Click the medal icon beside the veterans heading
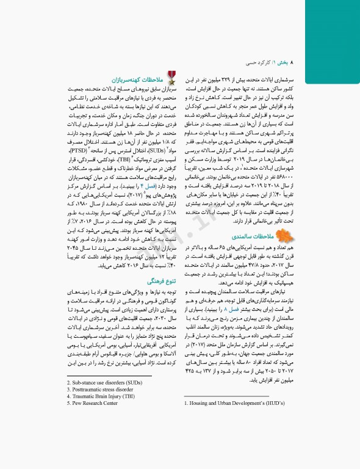(x=172, y=78)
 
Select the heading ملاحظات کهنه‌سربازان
(x=141, y=80)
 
